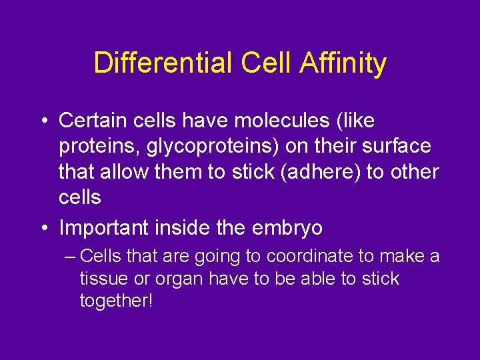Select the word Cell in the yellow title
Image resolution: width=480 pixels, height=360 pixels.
coord(263,63)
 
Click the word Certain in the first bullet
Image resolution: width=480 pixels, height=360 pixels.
coord(89,121)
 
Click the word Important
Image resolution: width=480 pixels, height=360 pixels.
coord(106,228)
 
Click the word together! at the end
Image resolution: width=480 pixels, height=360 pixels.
coord(117,301)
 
